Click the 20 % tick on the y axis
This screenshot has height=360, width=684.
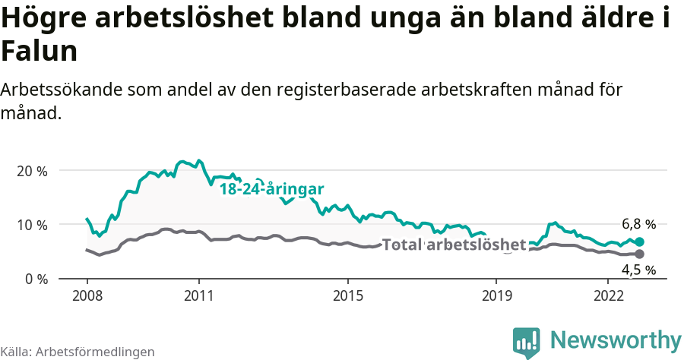(x=31, y=171)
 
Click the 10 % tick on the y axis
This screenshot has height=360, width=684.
(x=31, y=225)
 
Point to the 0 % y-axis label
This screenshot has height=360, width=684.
(x=35, y=279)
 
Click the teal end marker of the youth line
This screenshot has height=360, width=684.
(x=639, y=242)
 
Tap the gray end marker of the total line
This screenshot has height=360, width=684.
(x=639, y=254)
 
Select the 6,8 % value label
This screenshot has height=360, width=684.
(x=638, y=224)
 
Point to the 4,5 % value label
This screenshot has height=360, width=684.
(x=638, y=270)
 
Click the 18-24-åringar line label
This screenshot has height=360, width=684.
(x=272, y=189)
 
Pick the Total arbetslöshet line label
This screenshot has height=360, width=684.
(x=454, y=245)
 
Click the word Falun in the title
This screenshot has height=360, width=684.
(x=39, y=52)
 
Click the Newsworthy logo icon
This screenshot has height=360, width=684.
(x=526, y=343)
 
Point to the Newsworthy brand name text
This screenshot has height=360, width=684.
(x=616, y=340)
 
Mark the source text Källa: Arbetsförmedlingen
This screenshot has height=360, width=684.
(x=78, y=352)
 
